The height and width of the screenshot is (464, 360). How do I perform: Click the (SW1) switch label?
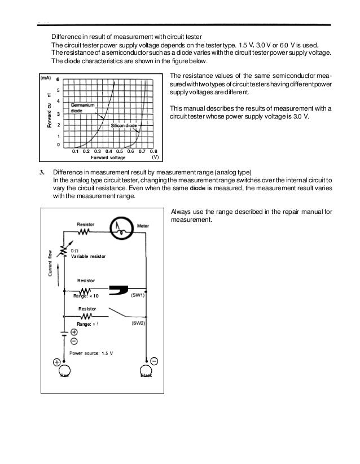[138, 295]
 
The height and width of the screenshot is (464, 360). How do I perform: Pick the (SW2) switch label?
[138, 323]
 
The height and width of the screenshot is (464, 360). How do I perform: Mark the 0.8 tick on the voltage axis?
[153, 151]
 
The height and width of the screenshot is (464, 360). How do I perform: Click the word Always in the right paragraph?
[180, 212]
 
